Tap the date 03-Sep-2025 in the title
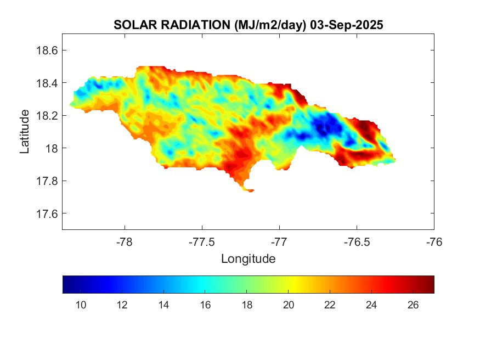pyautogui.click(x=347, y=25)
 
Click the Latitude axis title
pyautogui.click(x=25, y=132)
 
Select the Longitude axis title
pyautogui.click(x=248, y=258)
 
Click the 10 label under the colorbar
pyautogui.click(x=81, y=305)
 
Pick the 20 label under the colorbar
pyautogui.click(x=289, y=305)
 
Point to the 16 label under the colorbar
pyautogui.click(x=206, y=305)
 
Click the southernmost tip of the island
pyautogui.click(x=250, y=191)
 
